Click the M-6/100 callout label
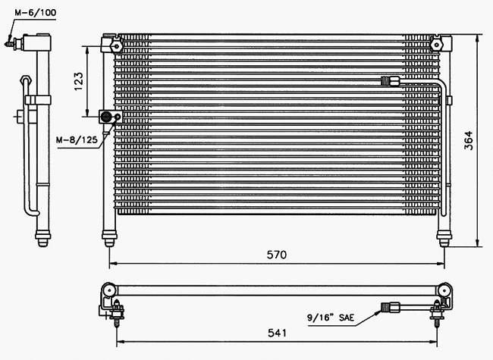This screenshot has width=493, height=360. point(35,13)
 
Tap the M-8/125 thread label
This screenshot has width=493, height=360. point(77,139)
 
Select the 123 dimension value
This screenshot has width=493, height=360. point(79,82)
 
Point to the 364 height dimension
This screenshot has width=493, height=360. point(468,140)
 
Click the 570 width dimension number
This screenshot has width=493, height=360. point(277,255)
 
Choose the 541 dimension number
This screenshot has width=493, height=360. point(278,333)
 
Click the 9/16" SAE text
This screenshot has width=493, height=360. point(331,318)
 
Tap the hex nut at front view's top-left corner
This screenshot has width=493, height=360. point(116,46)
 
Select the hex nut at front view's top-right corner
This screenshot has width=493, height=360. point(436,45)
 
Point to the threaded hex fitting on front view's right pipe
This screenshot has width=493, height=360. point(390,82)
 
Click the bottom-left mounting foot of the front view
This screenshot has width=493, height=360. point(109,239)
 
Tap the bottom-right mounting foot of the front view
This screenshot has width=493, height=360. point(444,239)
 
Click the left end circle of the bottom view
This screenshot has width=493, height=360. point(108,290)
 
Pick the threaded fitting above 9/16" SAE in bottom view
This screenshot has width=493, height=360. point(390,307)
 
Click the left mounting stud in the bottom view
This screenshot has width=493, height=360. point(117,313)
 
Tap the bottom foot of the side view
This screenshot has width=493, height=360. point(42,239)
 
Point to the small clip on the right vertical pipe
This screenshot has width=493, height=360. point(450,100)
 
